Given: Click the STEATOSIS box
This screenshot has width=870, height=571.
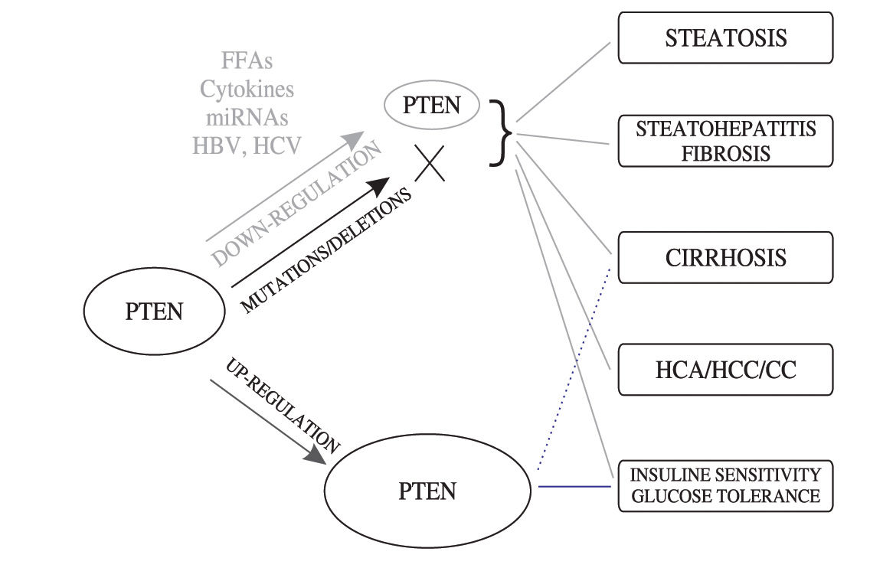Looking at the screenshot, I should (x=725, y=38).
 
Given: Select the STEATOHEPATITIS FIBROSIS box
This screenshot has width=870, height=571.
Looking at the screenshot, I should (x=725, y=141).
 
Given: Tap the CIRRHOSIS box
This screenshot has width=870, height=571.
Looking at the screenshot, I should (x=725, y=256).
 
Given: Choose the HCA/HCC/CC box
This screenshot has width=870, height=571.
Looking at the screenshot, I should (x=725, y=370).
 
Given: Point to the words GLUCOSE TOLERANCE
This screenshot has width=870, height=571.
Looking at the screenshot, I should (x=725, y=496).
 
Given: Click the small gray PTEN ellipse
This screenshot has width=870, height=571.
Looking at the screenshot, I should (x=431, y=106).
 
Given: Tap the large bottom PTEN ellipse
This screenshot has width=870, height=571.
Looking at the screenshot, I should (x=427, y=491).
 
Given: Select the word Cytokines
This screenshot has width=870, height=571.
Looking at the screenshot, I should (x=247, y=89).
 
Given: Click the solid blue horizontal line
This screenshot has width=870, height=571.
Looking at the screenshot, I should (x=574, y=486).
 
